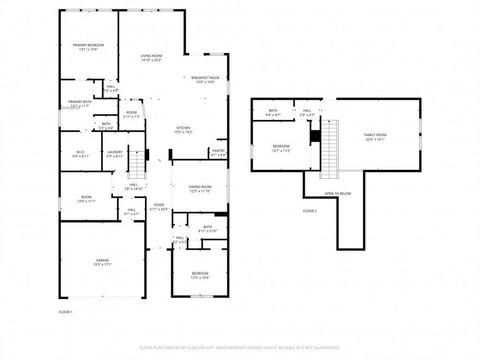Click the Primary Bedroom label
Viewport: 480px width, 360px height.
[x=88, y=47]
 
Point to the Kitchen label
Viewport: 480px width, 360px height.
[x=184, y=128]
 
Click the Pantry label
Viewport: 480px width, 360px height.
[x=219, y=153]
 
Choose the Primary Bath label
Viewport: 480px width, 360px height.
[x=80, y=104]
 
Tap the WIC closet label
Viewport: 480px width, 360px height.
[x=82, y=154]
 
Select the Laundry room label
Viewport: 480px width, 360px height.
[x=115, y=154]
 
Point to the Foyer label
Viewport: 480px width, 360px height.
[x=158, y=207]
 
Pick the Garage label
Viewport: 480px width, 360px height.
[x=102, y=261]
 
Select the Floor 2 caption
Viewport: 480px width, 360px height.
[x=310, y=211]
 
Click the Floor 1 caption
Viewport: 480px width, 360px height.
[x=65, y=313]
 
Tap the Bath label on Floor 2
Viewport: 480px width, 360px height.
[x=273, y=112]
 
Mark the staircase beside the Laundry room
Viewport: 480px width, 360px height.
[x=139, y=160]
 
